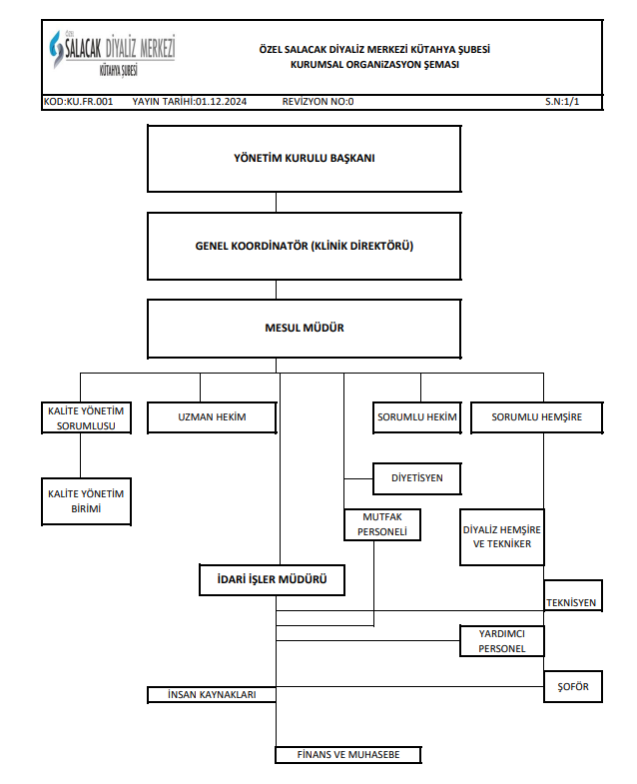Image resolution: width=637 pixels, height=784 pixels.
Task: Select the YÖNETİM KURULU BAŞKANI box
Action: point(304,159)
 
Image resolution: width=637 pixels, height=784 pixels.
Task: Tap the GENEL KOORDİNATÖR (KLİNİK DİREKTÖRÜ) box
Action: point(304,246)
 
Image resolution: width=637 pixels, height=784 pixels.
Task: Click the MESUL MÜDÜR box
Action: point(304,329)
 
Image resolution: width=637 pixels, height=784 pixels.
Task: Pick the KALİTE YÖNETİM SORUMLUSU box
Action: point(86,418)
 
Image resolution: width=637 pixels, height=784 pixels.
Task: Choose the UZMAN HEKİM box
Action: point(212,417)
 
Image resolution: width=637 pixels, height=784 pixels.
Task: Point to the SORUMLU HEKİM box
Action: point(417,417)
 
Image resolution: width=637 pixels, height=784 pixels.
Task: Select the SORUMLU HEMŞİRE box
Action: point(536,417)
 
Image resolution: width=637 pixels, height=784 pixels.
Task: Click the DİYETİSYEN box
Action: point(417,478)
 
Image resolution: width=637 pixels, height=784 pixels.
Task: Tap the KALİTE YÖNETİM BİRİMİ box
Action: point(86,501)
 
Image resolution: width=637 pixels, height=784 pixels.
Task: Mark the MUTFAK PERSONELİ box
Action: point(382,524)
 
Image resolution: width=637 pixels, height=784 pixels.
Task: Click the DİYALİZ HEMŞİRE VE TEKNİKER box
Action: point(502,537)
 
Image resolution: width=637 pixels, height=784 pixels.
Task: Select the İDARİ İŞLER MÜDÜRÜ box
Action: point(272,580)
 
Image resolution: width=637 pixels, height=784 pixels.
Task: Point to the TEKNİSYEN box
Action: point(573,595)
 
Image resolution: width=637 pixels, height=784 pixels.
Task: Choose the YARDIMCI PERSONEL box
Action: point(502,641)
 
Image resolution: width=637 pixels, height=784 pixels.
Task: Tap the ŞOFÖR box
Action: point(573,687)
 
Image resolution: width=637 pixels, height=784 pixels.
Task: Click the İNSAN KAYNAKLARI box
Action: point(212,695)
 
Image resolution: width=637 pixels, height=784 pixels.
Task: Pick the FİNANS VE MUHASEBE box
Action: point(348,755)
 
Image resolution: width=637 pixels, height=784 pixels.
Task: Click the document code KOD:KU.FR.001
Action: point(79,102)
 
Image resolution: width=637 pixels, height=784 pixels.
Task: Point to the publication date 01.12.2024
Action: point(221,102)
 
